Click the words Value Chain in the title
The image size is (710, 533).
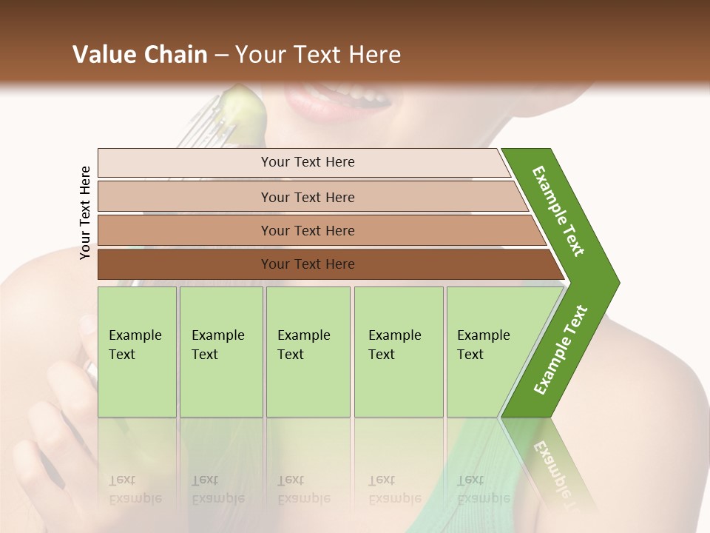pyautogui.click(x=140, y=55)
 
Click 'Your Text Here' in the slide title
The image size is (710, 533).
pyautogui.click(x=318, y=55)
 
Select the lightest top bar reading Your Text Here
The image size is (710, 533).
pyautogui.click(x=307, y=162)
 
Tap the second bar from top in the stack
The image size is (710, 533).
pyautogui.click(x=307, y=197)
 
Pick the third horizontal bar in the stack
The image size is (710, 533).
pyautogui.click(x=307, y=230)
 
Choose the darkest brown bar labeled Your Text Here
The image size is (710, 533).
pyautogui.click(x=307, y=264)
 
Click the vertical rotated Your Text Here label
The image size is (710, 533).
pyautogui.click(x=85, y=212)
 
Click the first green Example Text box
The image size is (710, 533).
pyautogui.click(x=137, y=352)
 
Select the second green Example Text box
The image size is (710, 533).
pyautogui.click(x=220, y=352)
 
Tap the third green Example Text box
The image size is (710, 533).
pyautogui.click(x=308, y=352)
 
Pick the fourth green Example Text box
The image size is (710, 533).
pyautogui.click(x=398, y=352)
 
